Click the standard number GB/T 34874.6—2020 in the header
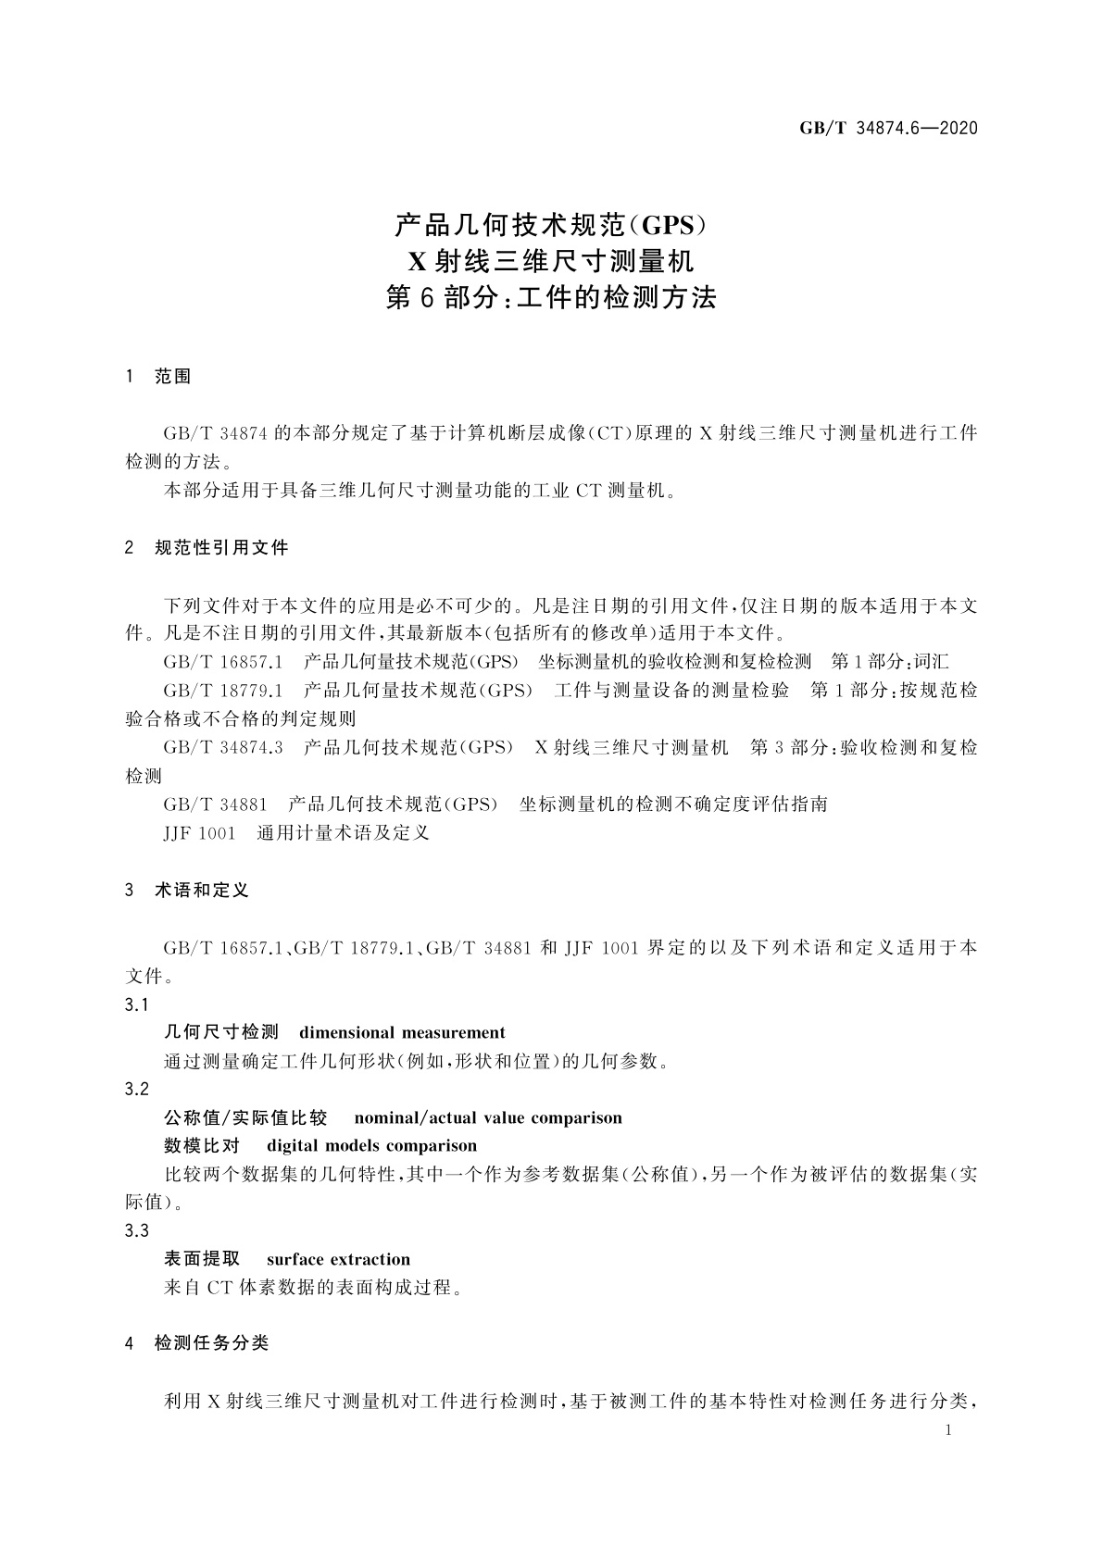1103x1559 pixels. (x=889, y=129)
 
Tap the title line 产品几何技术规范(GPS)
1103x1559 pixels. (x=551, y=225)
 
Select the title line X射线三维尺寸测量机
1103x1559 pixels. (x=551, y=262)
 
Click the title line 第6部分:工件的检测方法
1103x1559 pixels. (x=551, y=299)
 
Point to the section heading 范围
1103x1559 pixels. (x=173, y=377)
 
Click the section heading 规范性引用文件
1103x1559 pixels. (x=222, y=548)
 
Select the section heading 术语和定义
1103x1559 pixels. (x=202, y=891)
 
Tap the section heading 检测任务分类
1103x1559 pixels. (x=212, y=1343)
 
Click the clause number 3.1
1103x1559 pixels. (x=137, y=1004)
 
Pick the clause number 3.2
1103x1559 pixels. (x=137, y=1090)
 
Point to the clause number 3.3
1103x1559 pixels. (x=137, y=1231)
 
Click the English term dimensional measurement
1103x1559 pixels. (x=402, y=1033)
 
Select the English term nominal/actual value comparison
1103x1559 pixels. (x=488, y=1118)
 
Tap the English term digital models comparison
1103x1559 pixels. (x=371, y=1146)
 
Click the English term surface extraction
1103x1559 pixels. (x=338, y=1260)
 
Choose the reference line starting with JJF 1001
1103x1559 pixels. (x=296, y=833)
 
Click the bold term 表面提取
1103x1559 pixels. (x=202, y=1260)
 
